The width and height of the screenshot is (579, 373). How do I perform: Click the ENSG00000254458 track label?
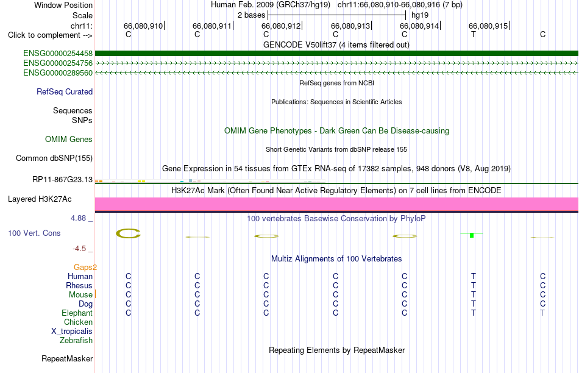(x=58, y=54)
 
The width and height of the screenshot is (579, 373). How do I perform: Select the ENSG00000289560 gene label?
(x=58, y=73)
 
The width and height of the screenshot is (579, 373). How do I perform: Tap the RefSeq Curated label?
(x=65, y=91)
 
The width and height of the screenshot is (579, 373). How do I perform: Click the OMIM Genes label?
(x=69, y=139)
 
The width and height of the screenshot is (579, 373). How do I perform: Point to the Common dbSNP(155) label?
(x=54, y=158)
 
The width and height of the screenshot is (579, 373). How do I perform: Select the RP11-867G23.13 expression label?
(x=62, y=179)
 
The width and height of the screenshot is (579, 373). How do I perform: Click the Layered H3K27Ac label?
(x=40, y=199)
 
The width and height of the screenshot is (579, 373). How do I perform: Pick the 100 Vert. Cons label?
(x=34, y=233)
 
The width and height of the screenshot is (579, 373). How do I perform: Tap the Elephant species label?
(x=77, y=313)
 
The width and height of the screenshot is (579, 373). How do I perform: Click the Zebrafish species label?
(x=76, y=341)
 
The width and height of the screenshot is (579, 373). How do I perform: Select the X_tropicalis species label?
(x=72, y=332)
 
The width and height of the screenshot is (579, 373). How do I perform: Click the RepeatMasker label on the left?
(x=67, y=358)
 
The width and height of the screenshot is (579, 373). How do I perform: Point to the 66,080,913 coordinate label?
(x=350, y=26)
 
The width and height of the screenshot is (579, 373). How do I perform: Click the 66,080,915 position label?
(x=488, y=26)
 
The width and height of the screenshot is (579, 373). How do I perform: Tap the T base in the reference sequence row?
(x=474, y=34)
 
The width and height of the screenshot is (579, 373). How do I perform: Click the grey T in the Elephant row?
(x=542, y=313)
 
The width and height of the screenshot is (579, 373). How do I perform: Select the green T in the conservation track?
(x=472, y=235)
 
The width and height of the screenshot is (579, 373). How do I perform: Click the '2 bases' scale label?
(x=252, y=15)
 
